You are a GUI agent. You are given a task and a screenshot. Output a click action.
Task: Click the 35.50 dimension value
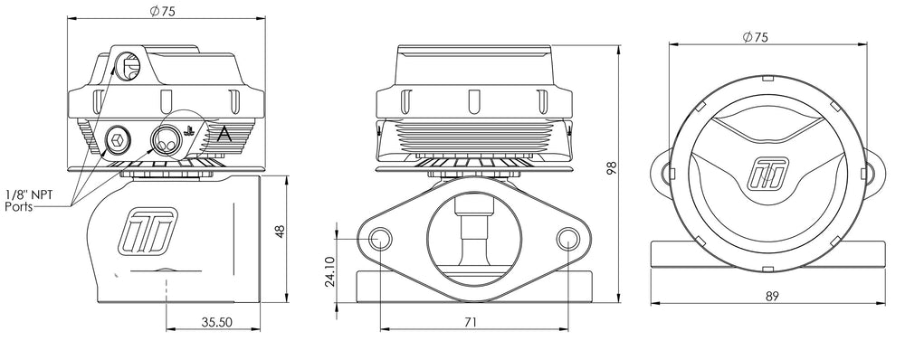point(213,323)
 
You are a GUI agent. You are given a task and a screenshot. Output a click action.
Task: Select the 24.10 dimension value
point(329,271)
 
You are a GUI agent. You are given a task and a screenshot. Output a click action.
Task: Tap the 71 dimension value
point(471,323)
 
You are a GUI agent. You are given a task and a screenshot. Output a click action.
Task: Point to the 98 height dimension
point(613,168)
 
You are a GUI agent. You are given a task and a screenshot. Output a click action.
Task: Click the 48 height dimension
point(281,232)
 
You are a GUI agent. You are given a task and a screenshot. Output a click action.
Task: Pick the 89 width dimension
point(773,296)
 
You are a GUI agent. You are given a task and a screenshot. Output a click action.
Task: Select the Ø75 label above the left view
point(162,13)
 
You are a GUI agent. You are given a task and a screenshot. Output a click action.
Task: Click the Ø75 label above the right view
point(756,37)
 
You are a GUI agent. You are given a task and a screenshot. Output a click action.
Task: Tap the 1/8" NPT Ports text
point(29,201)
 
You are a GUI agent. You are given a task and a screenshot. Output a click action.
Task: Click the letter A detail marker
point(224,135)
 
